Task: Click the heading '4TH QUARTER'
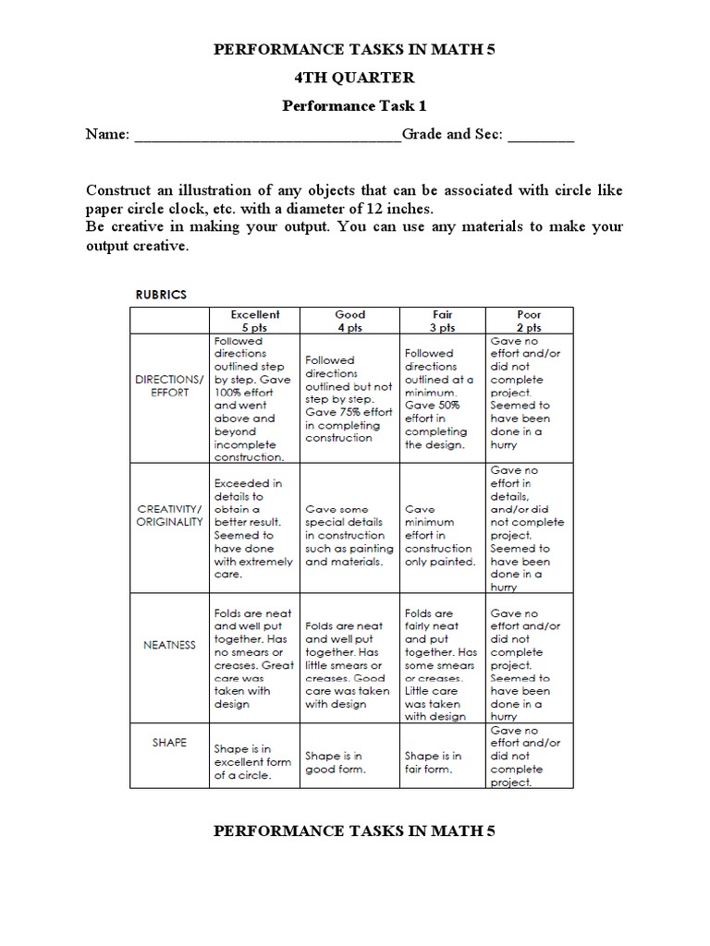coord(355,79)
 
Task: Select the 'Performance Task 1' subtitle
coord(355,106)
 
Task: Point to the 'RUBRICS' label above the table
coord(162,295)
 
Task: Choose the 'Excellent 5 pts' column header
coord(254,321)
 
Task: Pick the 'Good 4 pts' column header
coord(349,321)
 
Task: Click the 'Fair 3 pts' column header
coord(442,321)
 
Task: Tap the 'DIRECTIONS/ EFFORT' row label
coord(169,385)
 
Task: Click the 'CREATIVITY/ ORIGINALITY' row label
coord(169,515)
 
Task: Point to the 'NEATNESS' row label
coord(169,645)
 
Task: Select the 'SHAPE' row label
coord(169,742)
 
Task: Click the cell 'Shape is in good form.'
coord(335,762)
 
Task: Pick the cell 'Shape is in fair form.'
coord(434,762)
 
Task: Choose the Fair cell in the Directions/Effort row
coord(439,398)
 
